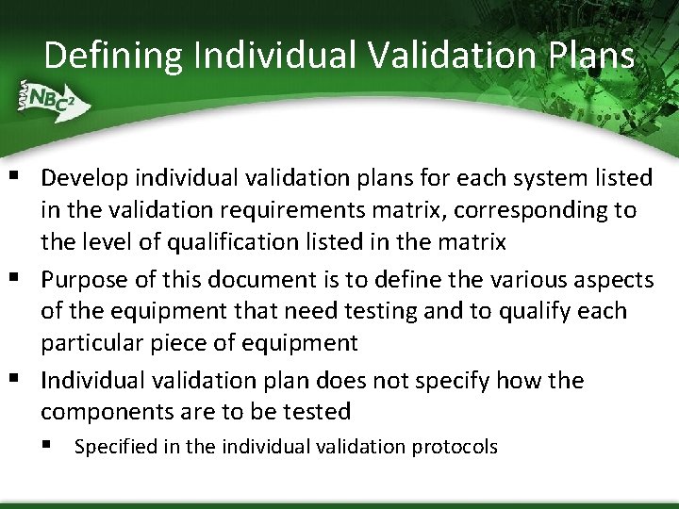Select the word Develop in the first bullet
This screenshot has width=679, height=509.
[82, 177]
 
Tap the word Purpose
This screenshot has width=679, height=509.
[82, 279]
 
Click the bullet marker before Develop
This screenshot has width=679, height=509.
[17, 176]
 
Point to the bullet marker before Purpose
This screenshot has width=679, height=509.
[17, 278]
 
